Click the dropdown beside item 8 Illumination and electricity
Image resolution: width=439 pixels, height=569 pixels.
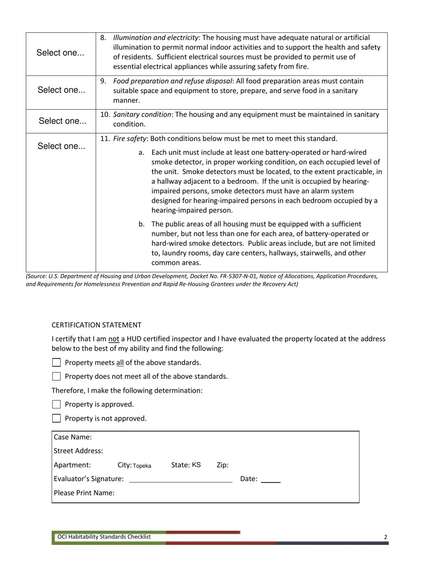61,53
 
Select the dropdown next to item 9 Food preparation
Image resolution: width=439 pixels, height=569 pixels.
61,90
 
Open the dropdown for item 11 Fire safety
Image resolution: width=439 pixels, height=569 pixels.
61,146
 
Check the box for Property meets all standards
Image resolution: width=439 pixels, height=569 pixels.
56,363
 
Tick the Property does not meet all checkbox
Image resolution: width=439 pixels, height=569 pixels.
56,377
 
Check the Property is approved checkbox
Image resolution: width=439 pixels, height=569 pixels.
56,404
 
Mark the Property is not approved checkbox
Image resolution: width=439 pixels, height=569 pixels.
56,418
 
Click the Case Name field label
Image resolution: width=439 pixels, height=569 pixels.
73,437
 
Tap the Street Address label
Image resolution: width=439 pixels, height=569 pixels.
78,451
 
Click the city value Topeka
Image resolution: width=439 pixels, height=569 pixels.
142,466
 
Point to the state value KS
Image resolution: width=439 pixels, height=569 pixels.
196,465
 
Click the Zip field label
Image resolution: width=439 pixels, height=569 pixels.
222,465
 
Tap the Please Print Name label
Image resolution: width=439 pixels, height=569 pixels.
84,493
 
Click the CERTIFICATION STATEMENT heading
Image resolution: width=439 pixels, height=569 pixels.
96,325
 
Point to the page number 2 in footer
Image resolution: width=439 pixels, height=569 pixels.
385,537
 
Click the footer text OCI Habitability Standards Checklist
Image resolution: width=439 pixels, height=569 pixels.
104,537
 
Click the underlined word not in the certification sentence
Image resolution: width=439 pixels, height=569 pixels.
114,339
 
